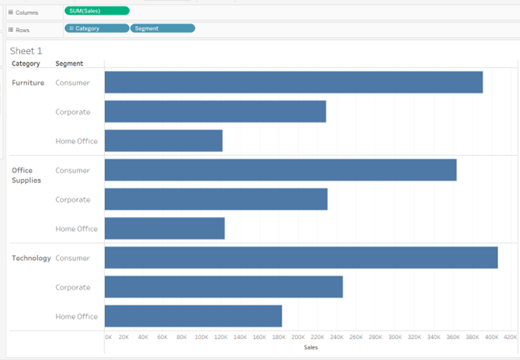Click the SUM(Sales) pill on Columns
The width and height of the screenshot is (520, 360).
[97, 10]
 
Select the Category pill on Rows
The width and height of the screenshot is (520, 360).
[96, 28]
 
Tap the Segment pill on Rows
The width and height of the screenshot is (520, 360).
[162, 28]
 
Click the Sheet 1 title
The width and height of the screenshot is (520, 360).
[26, 51]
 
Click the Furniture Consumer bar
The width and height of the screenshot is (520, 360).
[294, 83]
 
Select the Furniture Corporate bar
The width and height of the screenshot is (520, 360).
[215, 112]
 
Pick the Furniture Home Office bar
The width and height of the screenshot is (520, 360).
[163, 141]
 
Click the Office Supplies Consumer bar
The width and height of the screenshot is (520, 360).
[280, 170]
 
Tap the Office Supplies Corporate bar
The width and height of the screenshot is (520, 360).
[216, 200]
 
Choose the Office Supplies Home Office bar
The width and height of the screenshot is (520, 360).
[165, 229]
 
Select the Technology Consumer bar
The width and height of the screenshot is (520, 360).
[301, 258]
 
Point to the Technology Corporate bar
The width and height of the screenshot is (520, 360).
[223, 287]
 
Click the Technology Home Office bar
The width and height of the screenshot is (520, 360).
[193, 316]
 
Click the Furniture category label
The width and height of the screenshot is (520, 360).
[28, 83]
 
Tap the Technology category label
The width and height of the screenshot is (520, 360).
[31, 258]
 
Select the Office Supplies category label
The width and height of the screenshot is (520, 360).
[27, 175]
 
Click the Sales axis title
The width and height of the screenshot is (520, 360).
[311, 347]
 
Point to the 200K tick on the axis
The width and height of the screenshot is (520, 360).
[298, 337]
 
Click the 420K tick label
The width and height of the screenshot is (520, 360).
[510, 337]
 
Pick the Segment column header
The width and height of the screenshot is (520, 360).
[69, 63]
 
